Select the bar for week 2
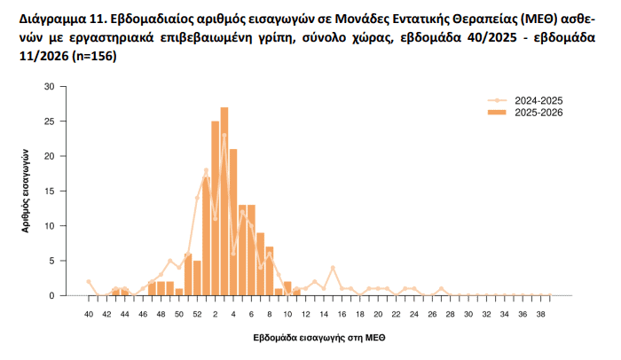tap(216, 208)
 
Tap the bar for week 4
tap(233, 222)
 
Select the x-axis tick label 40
tap(89, 314)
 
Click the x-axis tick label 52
tap(197, 314)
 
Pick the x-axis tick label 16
tap(342, 314)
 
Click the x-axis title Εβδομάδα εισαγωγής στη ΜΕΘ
tap(319, 338)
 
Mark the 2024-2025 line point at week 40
tap(89, 281)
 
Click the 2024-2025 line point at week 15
tap(333, 268)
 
